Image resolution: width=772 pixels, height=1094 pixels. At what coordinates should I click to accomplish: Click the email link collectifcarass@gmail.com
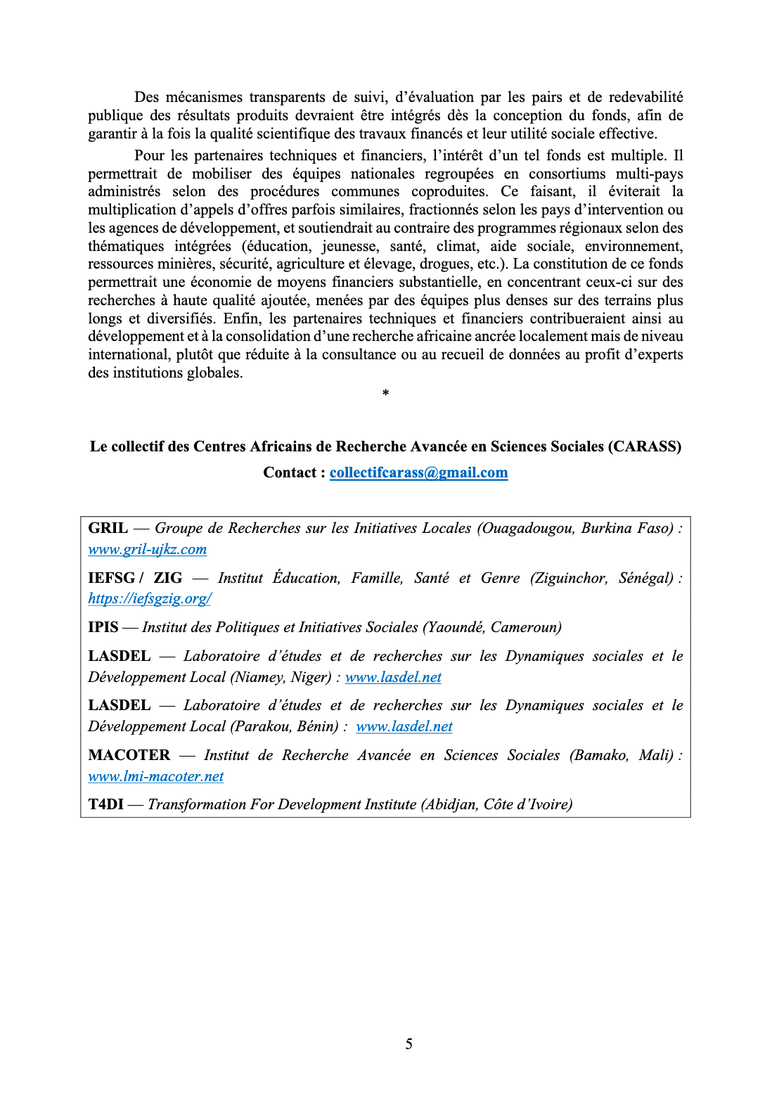tap(418, 472)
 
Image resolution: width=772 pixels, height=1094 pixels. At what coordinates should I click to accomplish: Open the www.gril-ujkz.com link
tap(147, 550)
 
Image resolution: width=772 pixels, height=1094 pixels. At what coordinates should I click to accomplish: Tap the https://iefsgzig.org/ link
tap(150, 599)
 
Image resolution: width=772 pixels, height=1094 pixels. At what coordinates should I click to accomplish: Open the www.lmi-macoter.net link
tap(155, 777)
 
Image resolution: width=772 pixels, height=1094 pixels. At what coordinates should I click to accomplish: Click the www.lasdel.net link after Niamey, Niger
tap(393, 678)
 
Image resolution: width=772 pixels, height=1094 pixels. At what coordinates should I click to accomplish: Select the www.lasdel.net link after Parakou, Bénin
tap(404, 727)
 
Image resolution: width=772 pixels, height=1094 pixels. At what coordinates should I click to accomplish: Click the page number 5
tap(408, 1044)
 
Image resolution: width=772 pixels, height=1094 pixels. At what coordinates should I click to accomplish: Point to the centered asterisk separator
tap(385, 393)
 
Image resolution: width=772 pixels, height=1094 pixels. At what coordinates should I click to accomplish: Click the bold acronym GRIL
tap(108, 528)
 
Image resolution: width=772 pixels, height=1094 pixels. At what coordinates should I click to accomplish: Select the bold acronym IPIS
tap(103, 627)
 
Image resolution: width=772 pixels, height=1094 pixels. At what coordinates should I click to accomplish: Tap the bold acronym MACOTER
tap(129, 755)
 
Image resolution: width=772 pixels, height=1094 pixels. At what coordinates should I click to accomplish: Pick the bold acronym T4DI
tap(105, 804)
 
